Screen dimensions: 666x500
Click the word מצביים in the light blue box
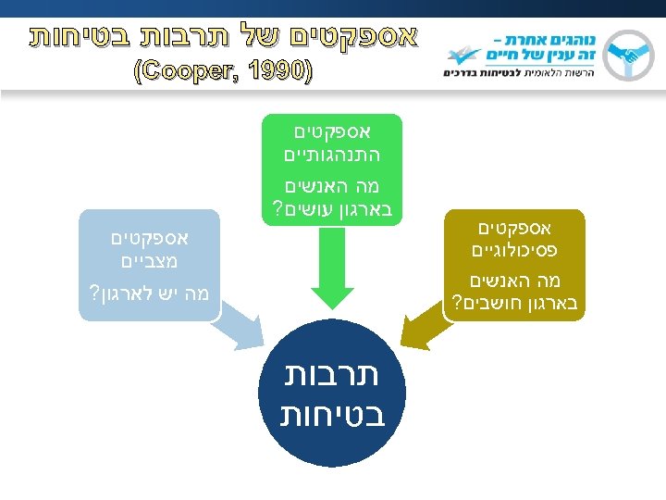click(x=149, y=261)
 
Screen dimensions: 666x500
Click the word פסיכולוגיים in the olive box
click(x=514, y=250)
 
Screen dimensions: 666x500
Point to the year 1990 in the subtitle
click(x=277, y=70)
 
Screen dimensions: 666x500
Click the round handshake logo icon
click(x=635, y=55)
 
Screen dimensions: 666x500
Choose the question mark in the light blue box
click(x=93, y=295)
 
